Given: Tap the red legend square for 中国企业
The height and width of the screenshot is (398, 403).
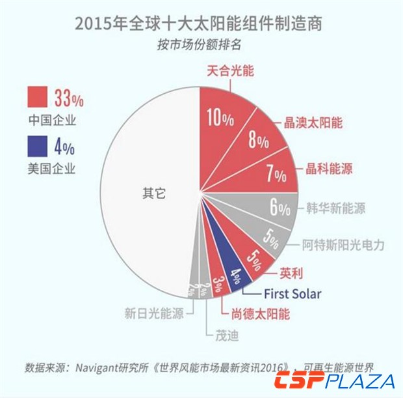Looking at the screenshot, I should click(38, 98).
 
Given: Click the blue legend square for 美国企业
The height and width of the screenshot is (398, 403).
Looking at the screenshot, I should click(38, 145).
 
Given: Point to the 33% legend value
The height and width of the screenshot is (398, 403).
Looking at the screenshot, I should click(69, 99).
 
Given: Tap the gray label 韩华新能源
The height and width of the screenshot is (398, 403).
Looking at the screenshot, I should click(335, 209).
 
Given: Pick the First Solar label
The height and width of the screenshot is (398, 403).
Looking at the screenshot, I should click(292, 294).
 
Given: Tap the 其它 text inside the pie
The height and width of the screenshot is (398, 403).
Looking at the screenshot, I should click(153, 193).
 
